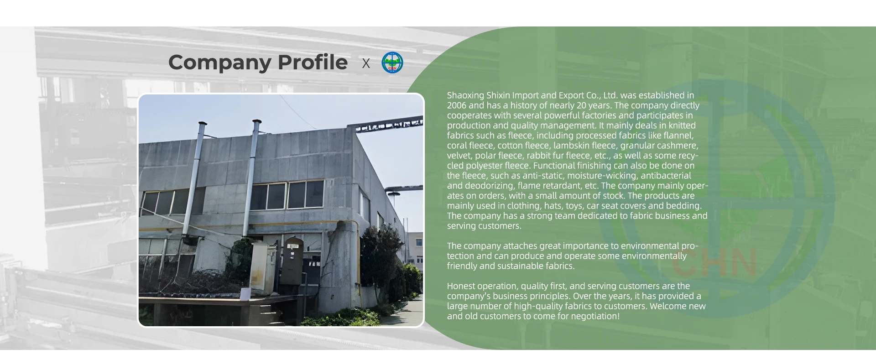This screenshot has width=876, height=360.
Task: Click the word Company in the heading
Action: point(219,63)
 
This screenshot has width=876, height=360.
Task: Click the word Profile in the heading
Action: point(313,62)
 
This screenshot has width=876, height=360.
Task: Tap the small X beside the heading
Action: point(366,63)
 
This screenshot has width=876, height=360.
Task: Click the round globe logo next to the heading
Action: point(392,63)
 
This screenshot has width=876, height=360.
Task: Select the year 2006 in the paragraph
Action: point(457,105)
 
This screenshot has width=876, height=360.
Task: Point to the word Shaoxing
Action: point(465,96)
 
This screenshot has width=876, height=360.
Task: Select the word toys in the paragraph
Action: point(574,206)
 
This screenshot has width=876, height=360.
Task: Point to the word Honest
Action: point(459,286)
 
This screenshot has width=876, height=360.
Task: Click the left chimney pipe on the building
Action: point(193,178)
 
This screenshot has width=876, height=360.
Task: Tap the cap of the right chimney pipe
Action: point(257,122)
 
